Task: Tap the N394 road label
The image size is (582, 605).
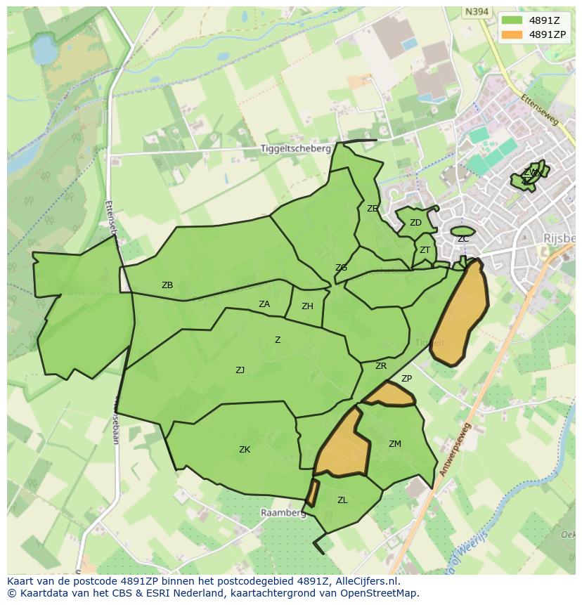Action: pyautogui.click(x=476, y=11)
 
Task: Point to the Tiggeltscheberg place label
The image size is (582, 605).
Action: pyautogui.click(x=295, y=149)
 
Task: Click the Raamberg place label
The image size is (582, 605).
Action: pyautogui.click(x=283, y=513)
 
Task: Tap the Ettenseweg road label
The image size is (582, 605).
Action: pyautogui.click(x=541, y=110)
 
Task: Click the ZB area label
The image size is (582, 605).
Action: pyautogui.click(x=167, y=285)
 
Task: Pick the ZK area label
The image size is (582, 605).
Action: pyautogui.click(x=245, y=450)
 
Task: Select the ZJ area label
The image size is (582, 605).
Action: pyautogui.click(x=240, y=370)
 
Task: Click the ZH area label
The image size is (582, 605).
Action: pyautogui.click(x=307, y=306)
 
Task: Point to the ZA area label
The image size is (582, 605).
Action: pyautogui.click(x=264, y=304)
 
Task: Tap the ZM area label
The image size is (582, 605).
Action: pyautogui.click(x=395, y=443)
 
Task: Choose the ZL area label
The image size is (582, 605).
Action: pyautogui.click(x=342, y=500)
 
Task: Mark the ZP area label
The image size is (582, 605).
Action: pyautogui.click(x=406, y=379)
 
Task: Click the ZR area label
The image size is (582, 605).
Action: pyautogui.click(x=381, y=366)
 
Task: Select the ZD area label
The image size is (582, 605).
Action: pyautogui.click(x=415, y=223)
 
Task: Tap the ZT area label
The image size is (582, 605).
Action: pyautogui.click(x=425, y=250)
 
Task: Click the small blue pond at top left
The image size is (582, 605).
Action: pyautogui.click(x=44, y=50)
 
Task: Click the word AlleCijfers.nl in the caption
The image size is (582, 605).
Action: pyautogui.click(x=366, y=581)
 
